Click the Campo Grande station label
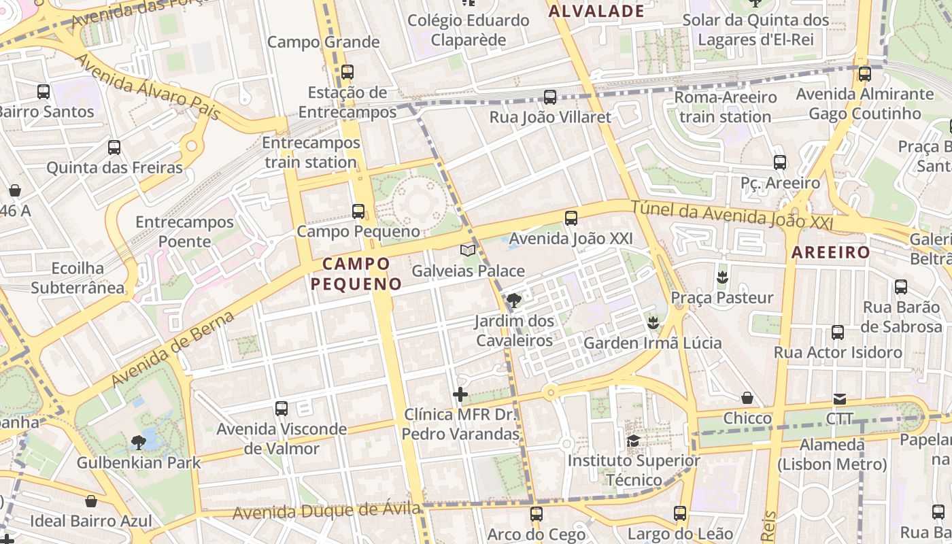(323, 42)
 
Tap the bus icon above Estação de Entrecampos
(347, 71)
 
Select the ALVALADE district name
(596, 11)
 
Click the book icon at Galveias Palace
(468, 251)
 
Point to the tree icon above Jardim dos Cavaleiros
(514, 300)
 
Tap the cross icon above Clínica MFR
(460, 394)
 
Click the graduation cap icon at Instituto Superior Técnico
(633, 441)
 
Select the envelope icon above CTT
(840, 398)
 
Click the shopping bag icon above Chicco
(747, 398)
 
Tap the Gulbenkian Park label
(139, 463)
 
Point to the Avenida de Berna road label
(173, 348)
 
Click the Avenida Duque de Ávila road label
(326, 510)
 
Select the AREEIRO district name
(830, 252)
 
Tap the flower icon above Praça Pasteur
(721, 277)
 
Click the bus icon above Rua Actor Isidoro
(838, 333)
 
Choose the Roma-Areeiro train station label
(725, 107)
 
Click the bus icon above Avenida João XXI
(571, 218)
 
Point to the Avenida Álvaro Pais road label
(148, 86)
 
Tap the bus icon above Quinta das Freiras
(114, 148)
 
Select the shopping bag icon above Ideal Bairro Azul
(91, 501)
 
